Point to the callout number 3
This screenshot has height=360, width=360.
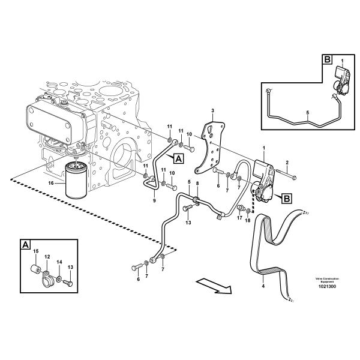[212, 111]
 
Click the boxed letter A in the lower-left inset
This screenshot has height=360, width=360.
[26, 244]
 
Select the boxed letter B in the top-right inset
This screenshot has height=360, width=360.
[326, 59]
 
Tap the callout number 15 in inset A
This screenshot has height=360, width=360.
[35, 251]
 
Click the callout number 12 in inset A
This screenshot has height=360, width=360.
[47, 256]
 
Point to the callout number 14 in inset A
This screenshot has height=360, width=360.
[59, 262]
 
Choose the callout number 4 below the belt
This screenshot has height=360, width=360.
[262, 287]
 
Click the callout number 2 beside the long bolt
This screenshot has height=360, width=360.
[287, 163]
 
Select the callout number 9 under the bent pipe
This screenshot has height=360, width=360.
[154, 200]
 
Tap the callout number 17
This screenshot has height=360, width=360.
[239, 218]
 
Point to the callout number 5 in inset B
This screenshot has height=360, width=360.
[307, 112]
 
